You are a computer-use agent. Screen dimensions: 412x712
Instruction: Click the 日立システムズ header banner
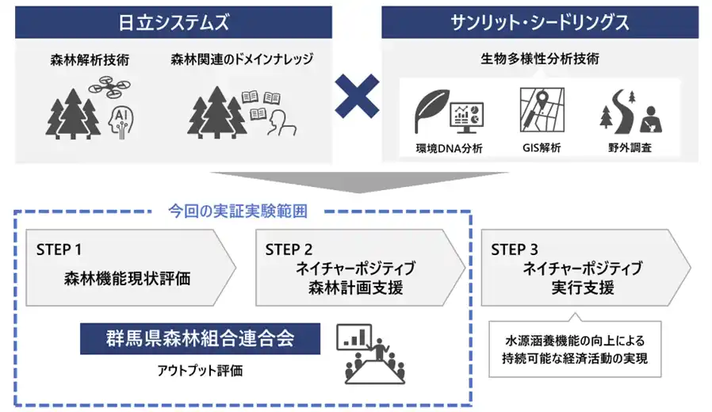click(173, 22)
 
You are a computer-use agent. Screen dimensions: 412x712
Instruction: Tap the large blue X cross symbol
click(356, 101)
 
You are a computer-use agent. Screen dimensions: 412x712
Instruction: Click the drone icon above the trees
click(109, 86)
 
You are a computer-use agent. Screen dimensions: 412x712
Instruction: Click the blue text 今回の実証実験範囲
click(237, 212)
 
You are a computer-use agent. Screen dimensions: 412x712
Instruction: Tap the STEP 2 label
click(289, 250)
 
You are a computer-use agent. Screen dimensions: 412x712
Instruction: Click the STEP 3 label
click(515, 250)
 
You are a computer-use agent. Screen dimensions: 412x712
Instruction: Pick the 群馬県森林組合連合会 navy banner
click(200, 338)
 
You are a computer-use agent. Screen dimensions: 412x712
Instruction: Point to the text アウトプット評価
click(200, 370)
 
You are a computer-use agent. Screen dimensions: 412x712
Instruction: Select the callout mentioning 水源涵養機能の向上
click(575, 349)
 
